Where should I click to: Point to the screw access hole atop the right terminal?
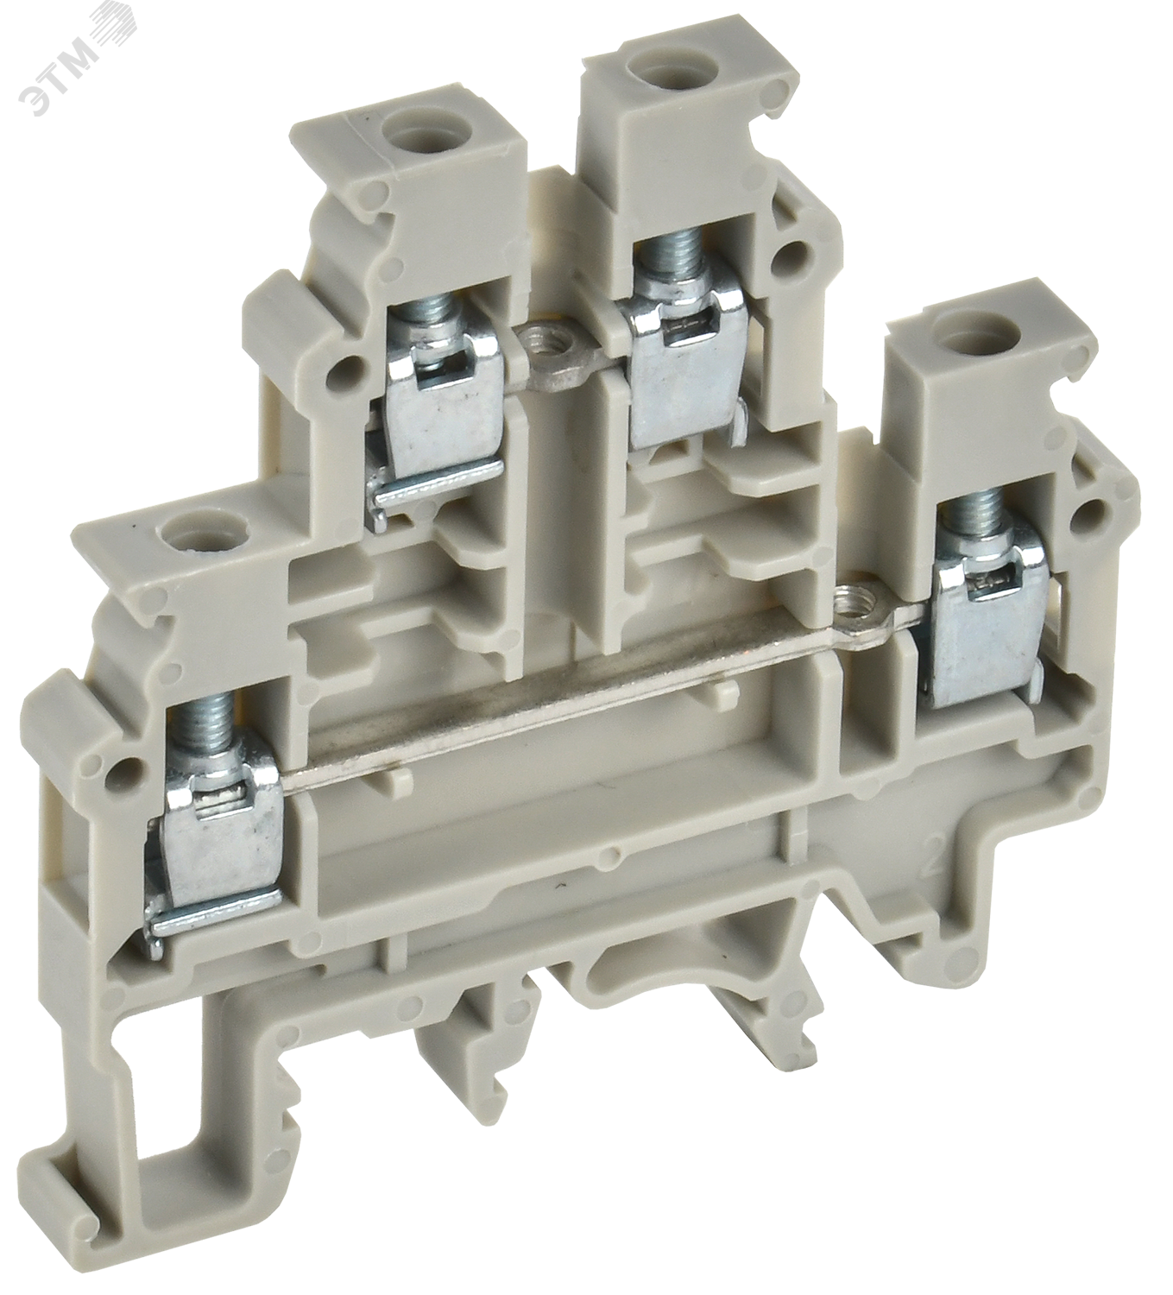coord(955,328)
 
